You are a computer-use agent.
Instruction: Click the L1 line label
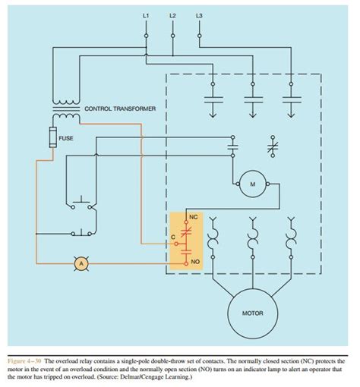click(145, 15)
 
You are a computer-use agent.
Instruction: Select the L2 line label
click(172, 15)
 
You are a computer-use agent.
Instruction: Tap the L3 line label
click(199, 15)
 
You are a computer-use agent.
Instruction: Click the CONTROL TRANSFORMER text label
click(120, 109)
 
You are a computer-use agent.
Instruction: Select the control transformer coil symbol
click(64, 109)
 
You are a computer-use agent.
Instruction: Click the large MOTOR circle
click(252, 312)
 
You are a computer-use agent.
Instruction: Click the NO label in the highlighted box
click(196, 260)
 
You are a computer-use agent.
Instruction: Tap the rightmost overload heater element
click(291, 238)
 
